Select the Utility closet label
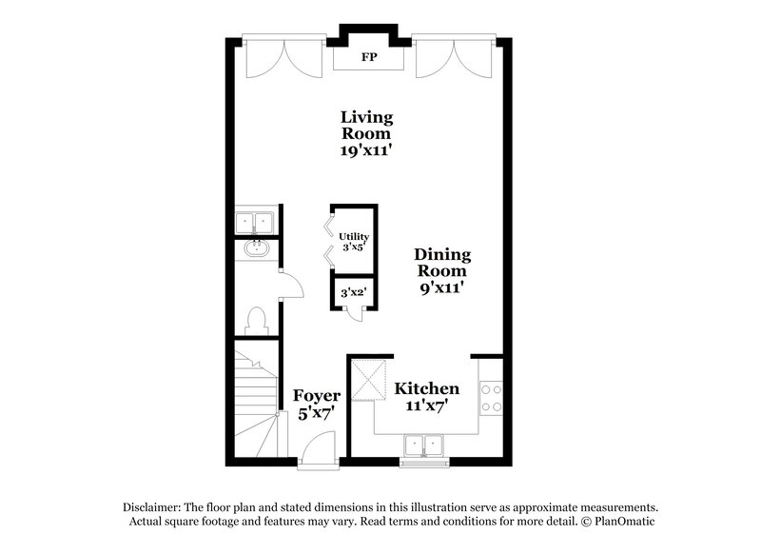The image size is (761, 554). [x=354, y=236]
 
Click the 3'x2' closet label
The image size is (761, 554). [x=354, y=294]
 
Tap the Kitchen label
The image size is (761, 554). [x=427, y=388]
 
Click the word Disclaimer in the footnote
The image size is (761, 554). [x=152, y=507]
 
